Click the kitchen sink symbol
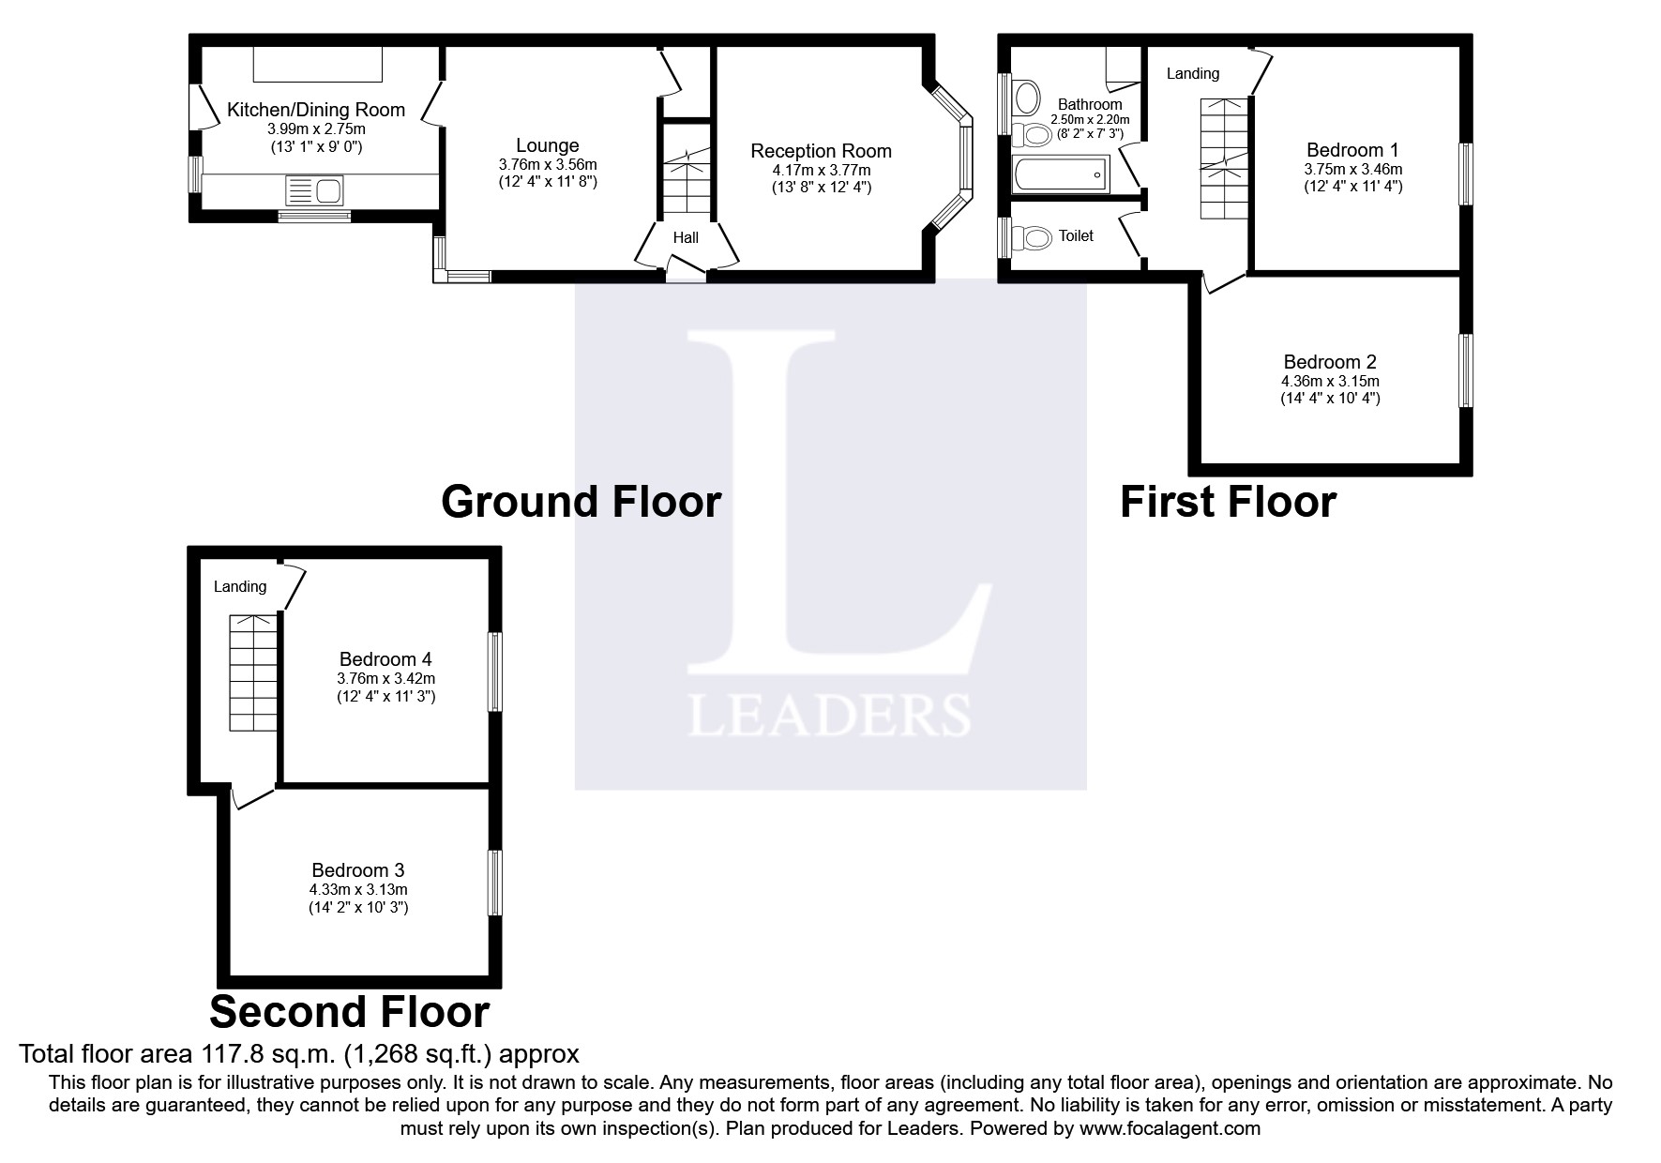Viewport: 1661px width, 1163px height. pos(315,191)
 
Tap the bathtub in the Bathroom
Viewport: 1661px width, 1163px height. pos(1061,175)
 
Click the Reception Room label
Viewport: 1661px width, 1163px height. pos(821,151)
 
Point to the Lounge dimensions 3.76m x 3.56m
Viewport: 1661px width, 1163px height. pos(547,164)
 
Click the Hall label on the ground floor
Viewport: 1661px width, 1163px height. pos(686,238)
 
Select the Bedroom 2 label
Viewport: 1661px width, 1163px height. pos(1330,362)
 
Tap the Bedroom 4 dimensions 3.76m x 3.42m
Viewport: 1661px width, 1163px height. pos(385,678)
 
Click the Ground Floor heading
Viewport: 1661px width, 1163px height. pos(581,502)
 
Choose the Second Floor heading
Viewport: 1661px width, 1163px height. pos(349,1013)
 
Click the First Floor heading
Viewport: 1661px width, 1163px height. pos(1228,502)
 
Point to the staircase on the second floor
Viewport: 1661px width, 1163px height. pos(253,672)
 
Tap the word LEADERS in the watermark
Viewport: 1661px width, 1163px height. pos(829,716)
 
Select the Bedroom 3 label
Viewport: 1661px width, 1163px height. pos(358,870)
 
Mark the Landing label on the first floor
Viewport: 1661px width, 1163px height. pos(1192,73)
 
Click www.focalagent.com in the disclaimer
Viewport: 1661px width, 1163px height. pos(1170,1128)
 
